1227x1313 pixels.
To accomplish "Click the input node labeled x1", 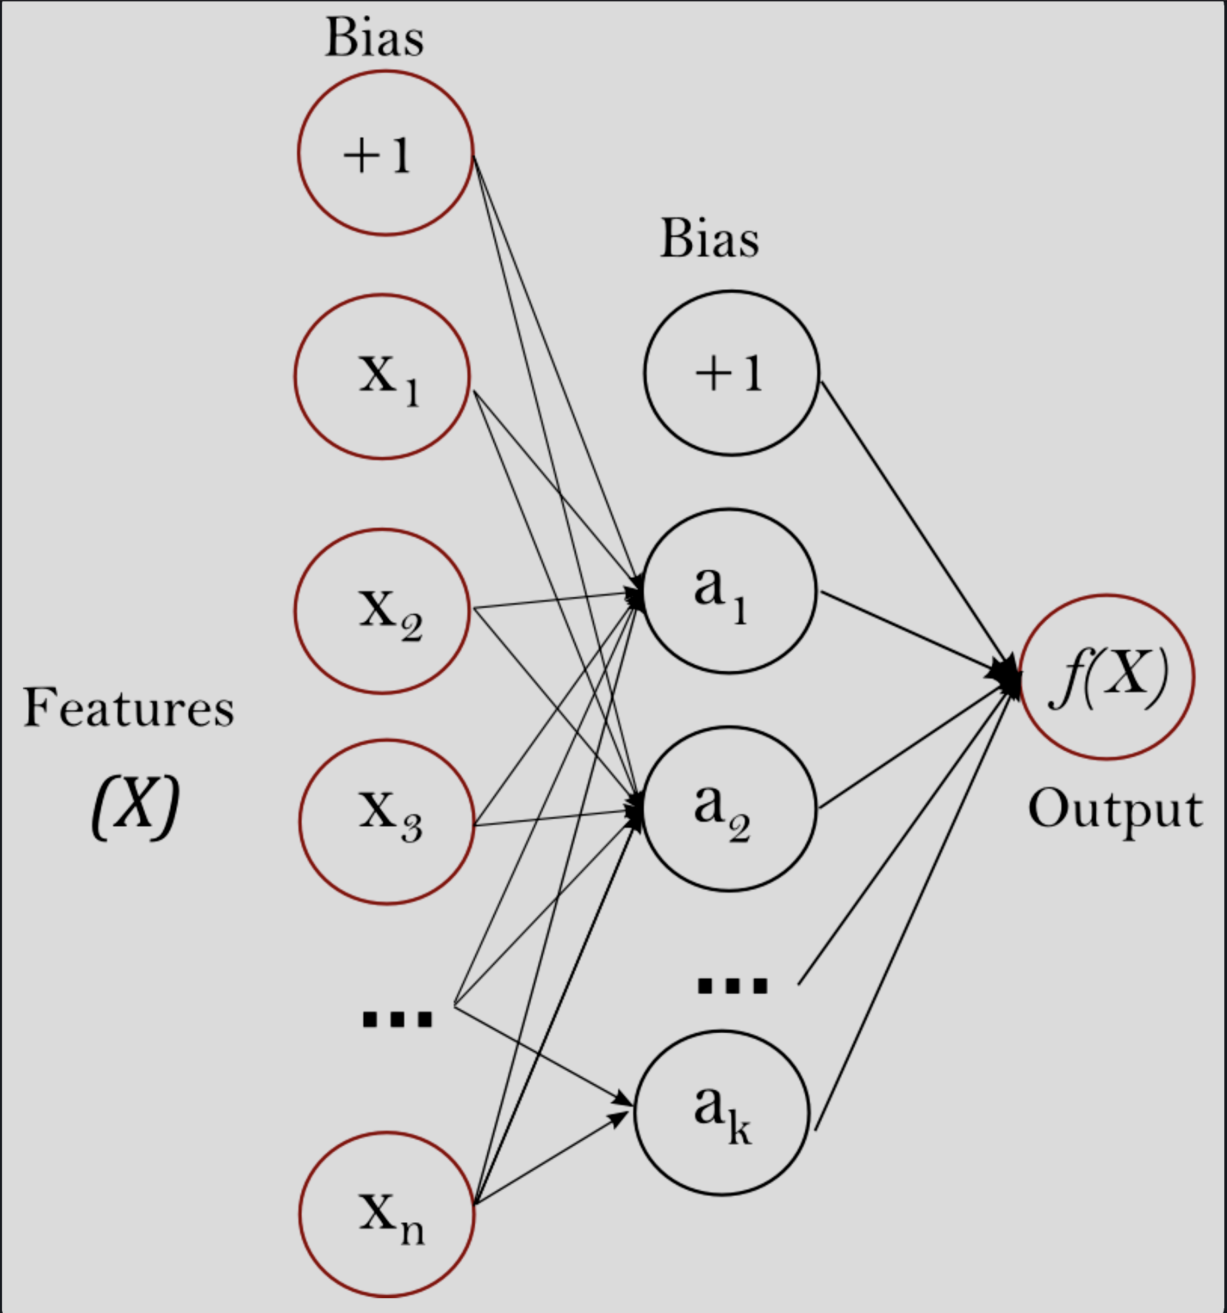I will [x=382, y=377].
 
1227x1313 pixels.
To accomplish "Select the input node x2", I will [x=382, y=611].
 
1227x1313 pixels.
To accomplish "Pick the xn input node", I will [x=387, y=1215].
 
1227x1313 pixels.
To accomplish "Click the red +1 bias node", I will [x=386, y=153].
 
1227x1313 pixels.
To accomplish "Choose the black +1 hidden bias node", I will [x=731, y=373].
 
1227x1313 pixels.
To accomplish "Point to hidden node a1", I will [x=730, y=591].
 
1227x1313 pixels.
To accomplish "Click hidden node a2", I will [x=730, y=809].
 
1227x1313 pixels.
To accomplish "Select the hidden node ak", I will [x=722, y=1113].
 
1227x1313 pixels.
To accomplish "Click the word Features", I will [x=128, y=708].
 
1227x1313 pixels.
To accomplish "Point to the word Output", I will [x=1115, y=810].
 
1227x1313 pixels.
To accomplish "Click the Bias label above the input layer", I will [x=374, y=38].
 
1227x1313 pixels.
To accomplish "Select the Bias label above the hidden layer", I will [x=709, y=239].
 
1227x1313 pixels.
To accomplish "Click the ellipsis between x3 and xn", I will [x=397, y=1019].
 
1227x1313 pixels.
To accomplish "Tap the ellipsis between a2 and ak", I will [x=732, y=986].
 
